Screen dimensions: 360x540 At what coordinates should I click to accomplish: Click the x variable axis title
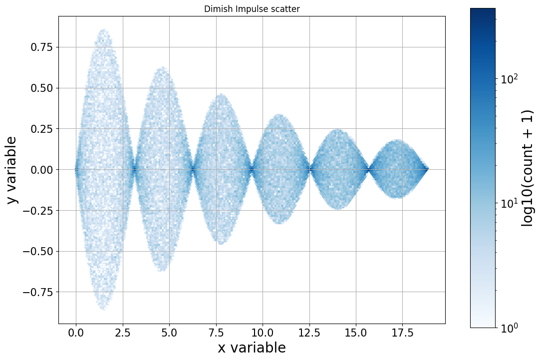(x=252, y=348)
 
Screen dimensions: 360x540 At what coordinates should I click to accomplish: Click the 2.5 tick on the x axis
(x=123, y=332)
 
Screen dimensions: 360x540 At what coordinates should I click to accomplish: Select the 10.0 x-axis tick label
(x=263, y=332)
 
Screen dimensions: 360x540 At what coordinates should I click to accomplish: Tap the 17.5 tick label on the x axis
(x=403, y=332)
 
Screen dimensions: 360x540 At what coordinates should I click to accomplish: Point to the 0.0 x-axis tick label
(x=76, y=332)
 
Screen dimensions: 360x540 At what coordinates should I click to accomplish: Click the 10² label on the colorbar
(x=510, y=79)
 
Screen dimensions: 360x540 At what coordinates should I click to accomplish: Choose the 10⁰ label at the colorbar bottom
(x=510, y=328)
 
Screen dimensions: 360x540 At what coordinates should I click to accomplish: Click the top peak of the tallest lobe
(x=104, y=30)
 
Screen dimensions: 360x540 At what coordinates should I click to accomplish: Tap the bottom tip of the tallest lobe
(x=104, y=309)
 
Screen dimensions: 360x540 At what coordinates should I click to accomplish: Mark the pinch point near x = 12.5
(x=310, y=170)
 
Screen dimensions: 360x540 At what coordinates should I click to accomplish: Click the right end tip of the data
(x=428, y=170)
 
